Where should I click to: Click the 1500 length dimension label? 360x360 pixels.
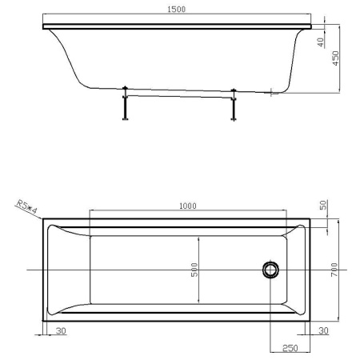pos(176,10)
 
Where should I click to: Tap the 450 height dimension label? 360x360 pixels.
pos(335,58)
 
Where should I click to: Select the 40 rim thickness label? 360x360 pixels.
pos(321,42)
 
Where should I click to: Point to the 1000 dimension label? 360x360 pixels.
pos(188,206)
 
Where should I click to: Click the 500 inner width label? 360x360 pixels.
pos(194,270)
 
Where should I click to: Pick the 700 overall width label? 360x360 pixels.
pos(334,270)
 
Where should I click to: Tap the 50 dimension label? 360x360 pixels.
pos(323,205)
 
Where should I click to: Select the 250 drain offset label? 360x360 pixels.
pos(290,348)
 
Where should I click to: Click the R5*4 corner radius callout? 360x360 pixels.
pos(26,207)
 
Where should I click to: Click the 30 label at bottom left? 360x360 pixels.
pos(61,330)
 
